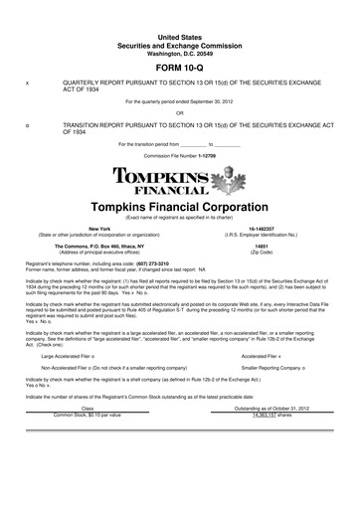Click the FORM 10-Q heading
pyautogui.click(x=179, y=68)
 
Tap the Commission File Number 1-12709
pyautogui.click(x=179, y=156)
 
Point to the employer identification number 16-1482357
pyautogui.click(x=262, y=229)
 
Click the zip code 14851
pyautogui.click(x=262, y=245)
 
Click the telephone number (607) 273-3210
pyautogui.click(x=152, y=263)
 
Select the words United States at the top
pyautogui.click(x=179, y=36)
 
